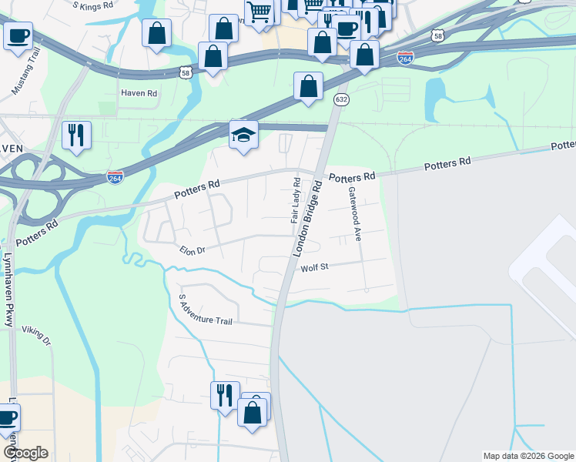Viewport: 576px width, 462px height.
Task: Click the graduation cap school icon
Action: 243,135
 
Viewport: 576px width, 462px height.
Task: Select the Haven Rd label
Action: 139,93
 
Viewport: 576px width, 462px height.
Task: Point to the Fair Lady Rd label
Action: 296,200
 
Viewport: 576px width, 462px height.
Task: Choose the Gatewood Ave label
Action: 354,214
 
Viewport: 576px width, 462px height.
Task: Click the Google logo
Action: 25,453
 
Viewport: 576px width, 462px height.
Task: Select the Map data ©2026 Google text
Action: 528,456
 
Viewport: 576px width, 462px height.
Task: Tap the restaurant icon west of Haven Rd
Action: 76,135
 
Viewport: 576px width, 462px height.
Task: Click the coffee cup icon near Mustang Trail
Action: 18,35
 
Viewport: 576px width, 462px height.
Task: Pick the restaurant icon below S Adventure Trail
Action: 225,395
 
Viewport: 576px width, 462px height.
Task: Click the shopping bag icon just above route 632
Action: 308,86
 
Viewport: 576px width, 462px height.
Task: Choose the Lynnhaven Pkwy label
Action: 9,289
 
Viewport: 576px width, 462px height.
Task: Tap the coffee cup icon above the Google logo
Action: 8,418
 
